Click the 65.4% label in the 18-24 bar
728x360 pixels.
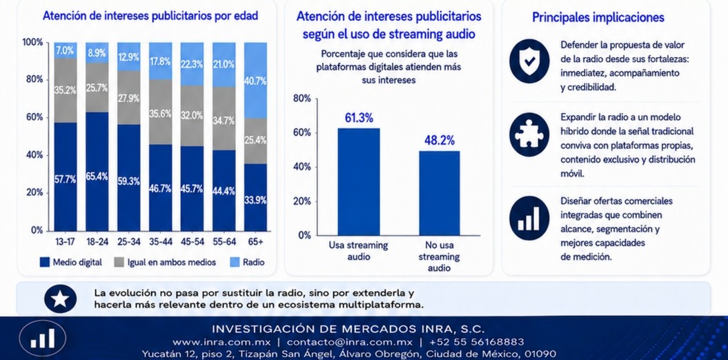point(97,177)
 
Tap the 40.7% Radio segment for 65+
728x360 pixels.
point(255,80)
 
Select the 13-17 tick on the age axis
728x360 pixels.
point(66,241)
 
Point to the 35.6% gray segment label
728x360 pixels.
point(160,114)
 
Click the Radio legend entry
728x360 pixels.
point(247,262)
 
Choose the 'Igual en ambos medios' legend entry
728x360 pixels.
point(165,262)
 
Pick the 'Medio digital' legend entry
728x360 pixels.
point(71,262)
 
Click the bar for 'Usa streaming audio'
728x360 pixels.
point(358,182)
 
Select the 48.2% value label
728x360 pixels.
point(439,141)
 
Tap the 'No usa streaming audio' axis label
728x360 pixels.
point(440,257)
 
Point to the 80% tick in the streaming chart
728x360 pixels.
point(302,99)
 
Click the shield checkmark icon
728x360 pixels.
point(529,61)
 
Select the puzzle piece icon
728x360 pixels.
point(529,134)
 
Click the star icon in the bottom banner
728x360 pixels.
point(60,299)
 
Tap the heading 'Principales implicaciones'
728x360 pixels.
point(598,18)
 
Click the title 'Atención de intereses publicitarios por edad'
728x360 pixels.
point(150,16)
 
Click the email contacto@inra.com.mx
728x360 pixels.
point(350,342)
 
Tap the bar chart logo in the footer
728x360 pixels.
point(42,338)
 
